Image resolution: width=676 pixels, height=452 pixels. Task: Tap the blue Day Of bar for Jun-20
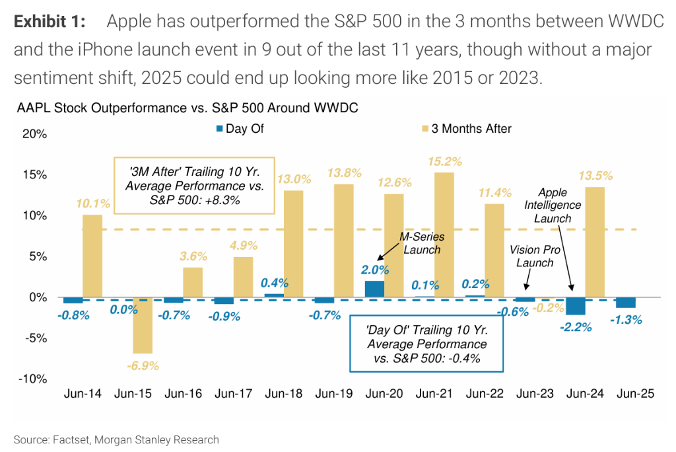tap(374, 289)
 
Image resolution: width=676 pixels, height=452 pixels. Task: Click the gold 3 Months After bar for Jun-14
tap(92, 256)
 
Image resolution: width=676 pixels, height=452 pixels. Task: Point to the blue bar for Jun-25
tap(626, 303)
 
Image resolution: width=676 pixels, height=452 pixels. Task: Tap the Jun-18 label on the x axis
tap(284, 394)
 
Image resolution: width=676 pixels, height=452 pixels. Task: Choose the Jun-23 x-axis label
tap(535, 394)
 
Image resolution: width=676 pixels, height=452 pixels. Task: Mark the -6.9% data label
tap(142, 365)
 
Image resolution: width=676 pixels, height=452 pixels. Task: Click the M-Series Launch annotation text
tap(423, 243)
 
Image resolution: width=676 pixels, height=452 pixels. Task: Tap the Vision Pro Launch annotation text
tap(536, 256)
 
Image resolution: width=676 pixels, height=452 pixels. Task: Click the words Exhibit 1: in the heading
tap(50, 22)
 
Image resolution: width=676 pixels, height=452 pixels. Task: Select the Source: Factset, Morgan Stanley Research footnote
tap(116, 439)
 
